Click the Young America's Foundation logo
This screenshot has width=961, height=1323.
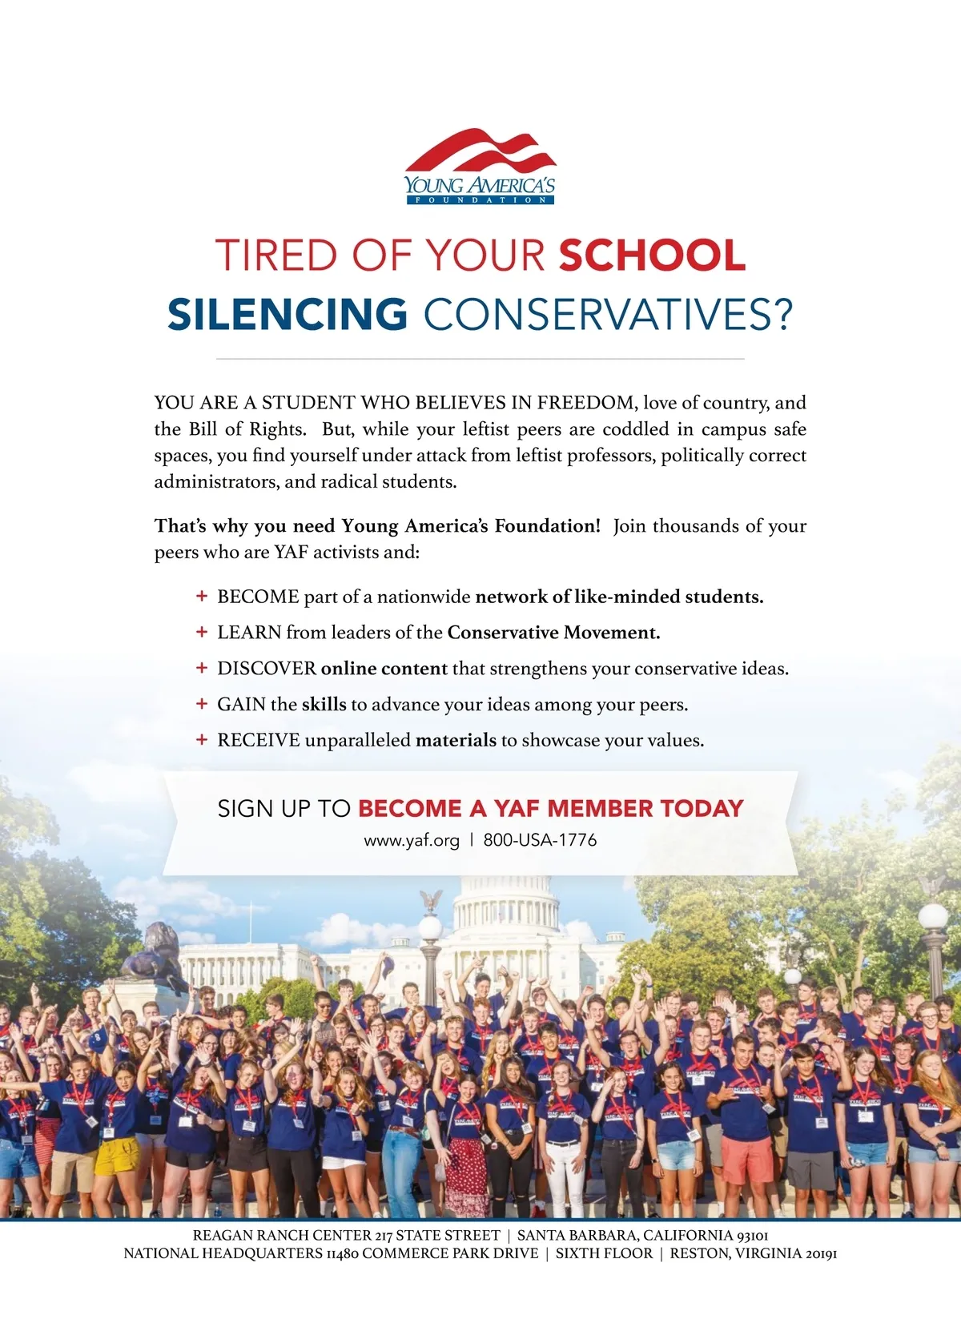tap(480, 167)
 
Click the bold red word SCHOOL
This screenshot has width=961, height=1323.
tap(652, 255)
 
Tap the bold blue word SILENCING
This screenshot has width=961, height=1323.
tap(287, 314)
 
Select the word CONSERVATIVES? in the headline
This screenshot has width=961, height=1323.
tap(607, 314)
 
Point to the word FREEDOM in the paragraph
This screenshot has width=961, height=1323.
tap(586, 402)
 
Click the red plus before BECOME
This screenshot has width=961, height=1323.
tap(202, 597)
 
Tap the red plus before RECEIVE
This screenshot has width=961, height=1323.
tap(202, 740)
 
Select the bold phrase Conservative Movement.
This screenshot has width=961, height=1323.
tap(553, 633)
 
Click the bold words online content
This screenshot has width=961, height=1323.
tap(384, 669)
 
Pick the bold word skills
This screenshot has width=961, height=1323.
tap(324, 705)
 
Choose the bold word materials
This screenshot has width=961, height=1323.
tap(456, 740)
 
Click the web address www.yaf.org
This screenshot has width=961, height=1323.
tap(412, 841)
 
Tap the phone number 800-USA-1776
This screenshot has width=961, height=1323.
tap(540, 841)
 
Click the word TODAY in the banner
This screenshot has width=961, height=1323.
tap(702, 809)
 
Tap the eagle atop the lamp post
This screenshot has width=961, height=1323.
tap(431, 900)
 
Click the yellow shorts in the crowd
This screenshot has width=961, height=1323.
tap(117, 1156)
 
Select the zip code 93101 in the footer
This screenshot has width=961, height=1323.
tap(752, 1236)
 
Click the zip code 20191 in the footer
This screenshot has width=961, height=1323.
tap(818, 1253)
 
